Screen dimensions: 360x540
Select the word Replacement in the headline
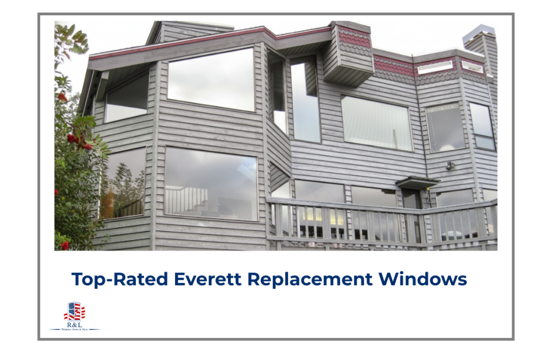click(x=316, y=279)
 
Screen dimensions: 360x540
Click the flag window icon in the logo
click(x=74, y=312)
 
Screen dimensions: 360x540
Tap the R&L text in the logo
click(x=74, y=325)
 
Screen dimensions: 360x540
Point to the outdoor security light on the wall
click(x=450, y=166)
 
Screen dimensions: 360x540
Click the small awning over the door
click(x=417, y=182)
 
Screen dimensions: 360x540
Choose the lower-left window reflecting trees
click(x=122, y=183)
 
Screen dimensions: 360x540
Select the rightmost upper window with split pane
click(x=483, y=127)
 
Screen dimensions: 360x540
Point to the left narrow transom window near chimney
click(x=435, y=67)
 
